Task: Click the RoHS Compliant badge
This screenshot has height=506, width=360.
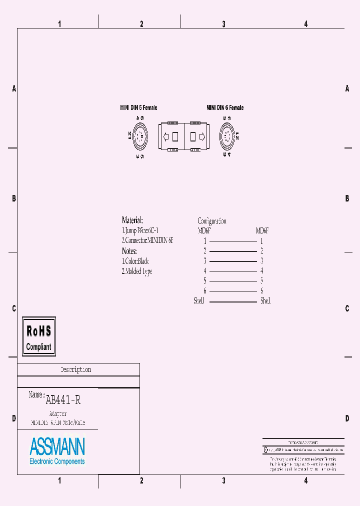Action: (39, 336)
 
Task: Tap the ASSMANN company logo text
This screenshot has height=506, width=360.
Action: (57, 446)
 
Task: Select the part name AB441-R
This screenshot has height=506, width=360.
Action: (63, 400)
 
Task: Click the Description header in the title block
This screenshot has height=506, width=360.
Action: (76, 369)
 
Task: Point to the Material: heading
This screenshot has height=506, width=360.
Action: (132, 220)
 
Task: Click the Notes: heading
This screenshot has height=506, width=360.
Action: (129, 251)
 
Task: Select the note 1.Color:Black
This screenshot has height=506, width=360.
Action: (135, 261)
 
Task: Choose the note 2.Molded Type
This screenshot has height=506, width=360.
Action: (137, 271)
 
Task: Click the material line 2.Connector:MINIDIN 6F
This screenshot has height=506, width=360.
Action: (147, 240)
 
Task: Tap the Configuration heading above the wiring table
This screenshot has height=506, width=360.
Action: (212, 221)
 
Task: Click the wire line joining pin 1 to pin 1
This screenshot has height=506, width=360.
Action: (232, 241)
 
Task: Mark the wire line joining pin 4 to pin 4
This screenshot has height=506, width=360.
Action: (232, 271)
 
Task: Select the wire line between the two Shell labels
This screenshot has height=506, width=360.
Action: (232, 301)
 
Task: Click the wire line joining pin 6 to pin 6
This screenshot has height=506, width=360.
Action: (232, 291)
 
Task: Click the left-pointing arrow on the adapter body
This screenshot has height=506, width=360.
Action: (166, 136)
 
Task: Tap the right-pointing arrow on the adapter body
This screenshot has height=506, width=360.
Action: (202, 136)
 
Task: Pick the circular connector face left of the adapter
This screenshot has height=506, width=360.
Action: (140, 135)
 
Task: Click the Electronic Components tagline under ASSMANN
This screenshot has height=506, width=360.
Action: (57, 461)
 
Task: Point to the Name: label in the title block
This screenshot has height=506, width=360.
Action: (36, 394)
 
